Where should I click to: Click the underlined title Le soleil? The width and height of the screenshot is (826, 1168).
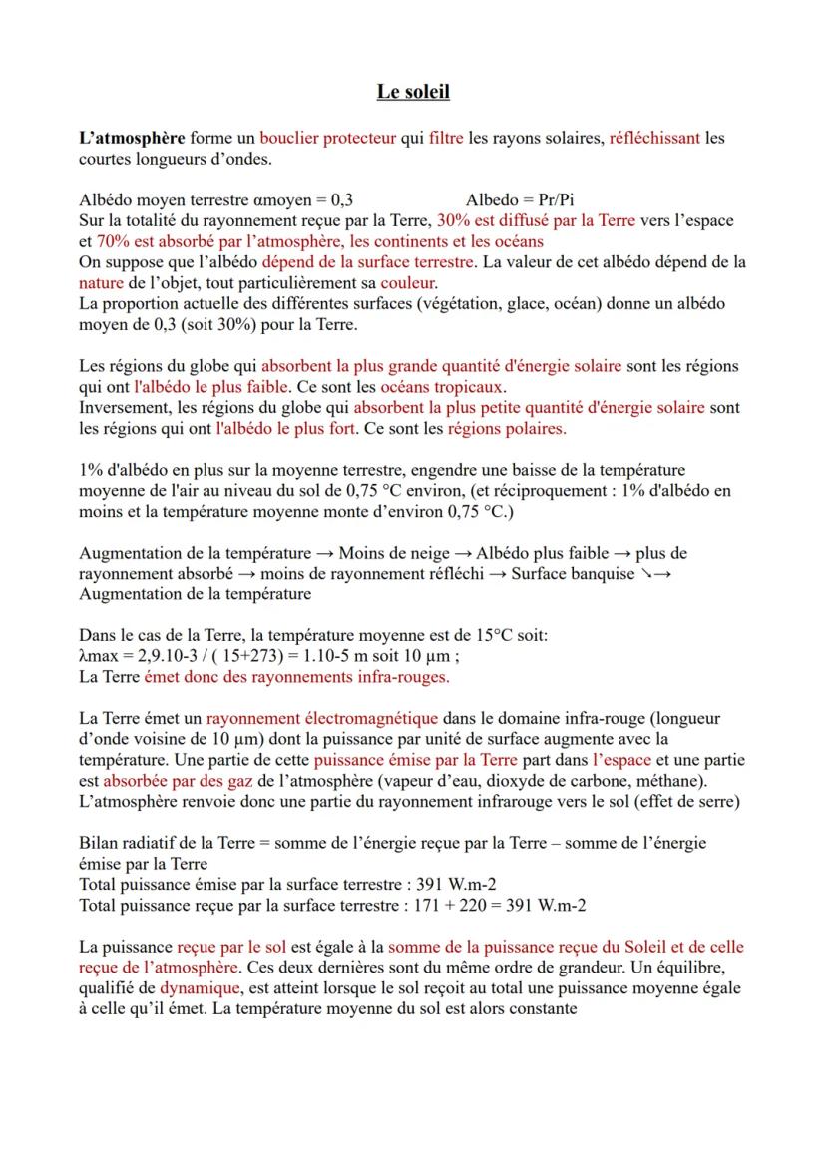point(413,92)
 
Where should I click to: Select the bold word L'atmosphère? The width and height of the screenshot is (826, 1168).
point(131,138)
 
